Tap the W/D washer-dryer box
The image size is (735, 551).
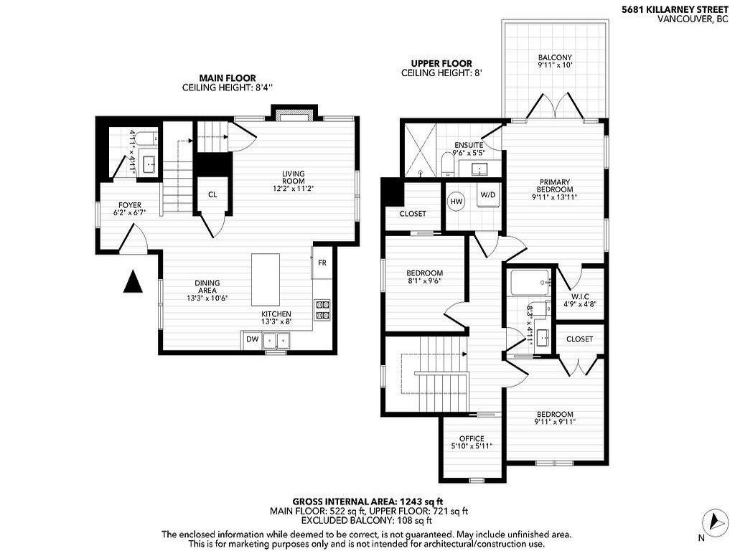pos(487,194)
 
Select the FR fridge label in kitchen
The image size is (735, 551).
pos(322,263)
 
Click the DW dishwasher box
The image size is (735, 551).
pos(252,339)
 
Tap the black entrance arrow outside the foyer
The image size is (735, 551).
pos(131,282)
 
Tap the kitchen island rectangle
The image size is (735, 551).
pos(265,280)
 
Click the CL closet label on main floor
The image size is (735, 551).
pos(212,194)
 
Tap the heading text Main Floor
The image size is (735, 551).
pos(227,78)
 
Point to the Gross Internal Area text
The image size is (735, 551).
pos(370,501)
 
